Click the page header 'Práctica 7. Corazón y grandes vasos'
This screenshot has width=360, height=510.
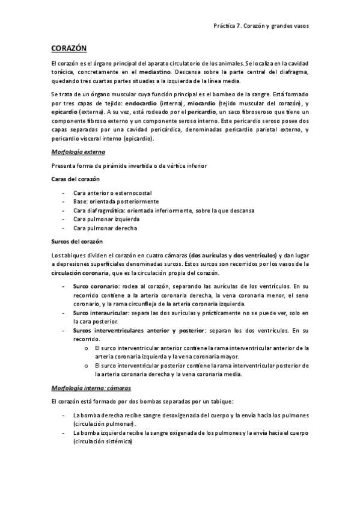click(x=261, y=26)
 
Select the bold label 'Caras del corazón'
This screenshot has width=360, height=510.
click(x=76, y=179)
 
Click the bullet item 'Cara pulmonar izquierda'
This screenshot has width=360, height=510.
click(x=105, y=220)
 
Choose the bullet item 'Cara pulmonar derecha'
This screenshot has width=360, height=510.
click(x=102, y=229)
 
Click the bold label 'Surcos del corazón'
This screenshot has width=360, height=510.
click(x=77, y=242)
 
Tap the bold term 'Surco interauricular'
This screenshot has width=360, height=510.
click(x=101, y=313)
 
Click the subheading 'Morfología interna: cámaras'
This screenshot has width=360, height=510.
click(x=91, y=388)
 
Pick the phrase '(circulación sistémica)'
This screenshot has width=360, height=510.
click(x=103, y=441)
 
